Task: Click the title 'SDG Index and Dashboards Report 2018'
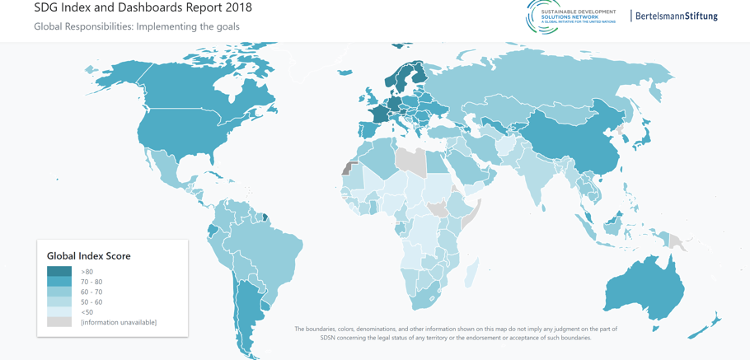coord(143,8)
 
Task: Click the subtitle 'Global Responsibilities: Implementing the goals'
coord(136,26)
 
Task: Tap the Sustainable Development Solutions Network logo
coord(570,16)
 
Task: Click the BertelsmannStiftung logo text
coord(676,16)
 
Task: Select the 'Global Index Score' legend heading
coord(88,256)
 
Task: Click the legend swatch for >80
coord(59,272)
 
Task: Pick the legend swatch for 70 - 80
coord(59,282)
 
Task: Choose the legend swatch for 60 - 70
coord(59,292)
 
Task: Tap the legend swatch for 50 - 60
coord(59,302)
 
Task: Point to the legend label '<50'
coord(87,312)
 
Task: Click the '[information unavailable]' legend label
coord(118,322)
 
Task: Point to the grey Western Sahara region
coord(347,167)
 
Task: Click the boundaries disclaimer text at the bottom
coord(455,333)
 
